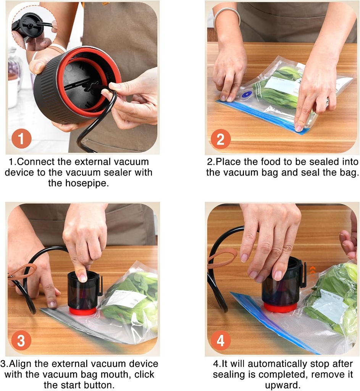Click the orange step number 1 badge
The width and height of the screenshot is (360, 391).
tap(21, 139)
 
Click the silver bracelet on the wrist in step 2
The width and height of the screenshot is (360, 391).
tap(227, 15)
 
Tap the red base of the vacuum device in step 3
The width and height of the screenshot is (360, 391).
tap(83, 310)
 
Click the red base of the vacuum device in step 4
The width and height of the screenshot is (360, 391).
tap(281, 307)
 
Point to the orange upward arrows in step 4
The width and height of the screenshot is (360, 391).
tap(312, 270)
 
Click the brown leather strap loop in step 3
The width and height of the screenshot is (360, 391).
tap(23, 271)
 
